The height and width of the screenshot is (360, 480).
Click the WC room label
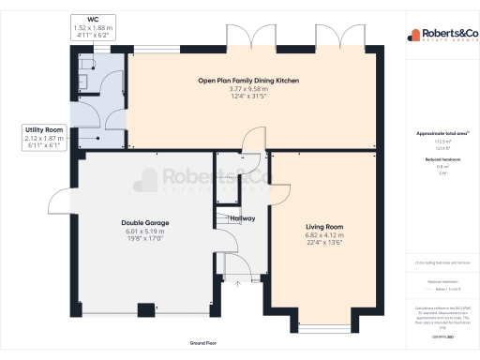pyautogui.click(x=93, y=19)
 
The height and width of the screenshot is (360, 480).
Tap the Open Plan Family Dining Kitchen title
pyautogui.click(x=248, y=82)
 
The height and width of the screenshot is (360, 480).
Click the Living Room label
pyautogui.click(x=324, y=226)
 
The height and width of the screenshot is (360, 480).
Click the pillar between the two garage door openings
pyautogui.click(x=145, y=309)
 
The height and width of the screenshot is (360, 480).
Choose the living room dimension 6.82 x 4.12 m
pyautogui.click(x=324, y=234)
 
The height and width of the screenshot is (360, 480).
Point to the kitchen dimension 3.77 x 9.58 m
pyautogui.click(x=248, y=90)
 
